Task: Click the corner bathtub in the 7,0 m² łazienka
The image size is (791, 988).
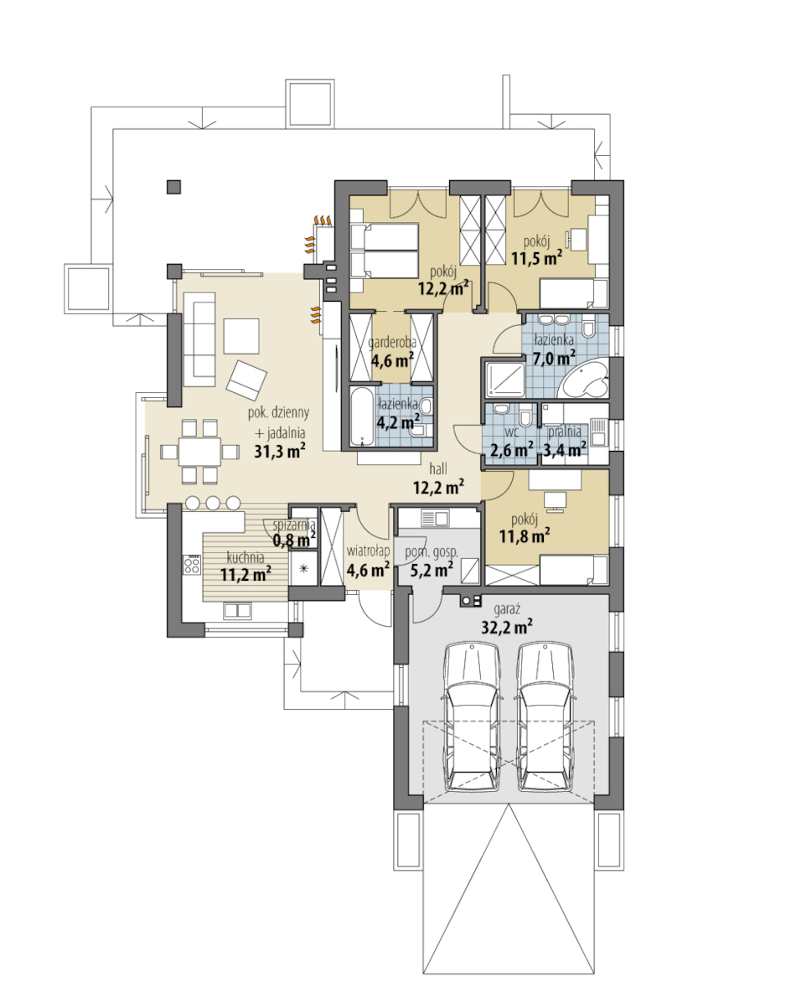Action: [x=586, y=377]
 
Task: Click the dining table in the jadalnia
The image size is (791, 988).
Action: [x=199, y=452]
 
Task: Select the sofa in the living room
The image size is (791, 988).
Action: [x=201, y=344]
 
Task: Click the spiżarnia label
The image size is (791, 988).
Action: [x=294, y=525]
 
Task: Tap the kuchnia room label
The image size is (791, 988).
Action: [x=246, y=557]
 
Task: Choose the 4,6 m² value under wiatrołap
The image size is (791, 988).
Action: [x=368, y=570]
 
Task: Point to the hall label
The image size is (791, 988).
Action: [x=439, y=468]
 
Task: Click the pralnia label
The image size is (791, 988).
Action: [x=564, y=432]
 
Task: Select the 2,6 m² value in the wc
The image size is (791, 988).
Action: [x=512, y=449]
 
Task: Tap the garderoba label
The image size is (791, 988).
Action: [x=392, y=344]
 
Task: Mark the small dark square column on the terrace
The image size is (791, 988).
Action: [x=173, y=187]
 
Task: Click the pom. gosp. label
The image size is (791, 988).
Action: [x=432, y=552]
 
